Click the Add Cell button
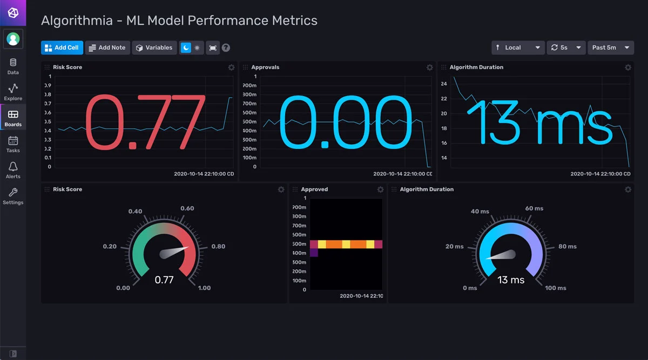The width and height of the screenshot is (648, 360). click(62, 47)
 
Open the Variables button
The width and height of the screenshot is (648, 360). click(154, 47)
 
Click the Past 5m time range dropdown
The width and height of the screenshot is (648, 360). click(610, 47)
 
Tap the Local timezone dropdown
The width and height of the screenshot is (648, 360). click(518, 47)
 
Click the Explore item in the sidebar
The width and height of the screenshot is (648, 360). click(13, 92)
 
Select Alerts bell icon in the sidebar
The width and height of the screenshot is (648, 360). click(13, 170)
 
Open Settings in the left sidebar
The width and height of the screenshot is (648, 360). click(13, 196)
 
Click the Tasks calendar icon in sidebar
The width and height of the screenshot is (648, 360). click(13, 144)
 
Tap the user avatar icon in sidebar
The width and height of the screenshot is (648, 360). click(13, 39)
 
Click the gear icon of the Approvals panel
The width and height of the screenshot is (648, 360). click(430, 67)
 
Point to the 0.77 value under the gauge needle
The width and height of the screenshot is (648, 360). click(164, 280)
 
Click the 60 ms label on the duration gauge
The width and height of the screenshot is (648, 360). click(534, 208)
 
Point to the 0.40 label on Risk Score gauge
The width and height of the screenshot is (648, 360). click(135, 211)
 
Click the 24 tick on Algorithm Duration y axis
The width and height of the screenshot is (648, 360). click(444, 84)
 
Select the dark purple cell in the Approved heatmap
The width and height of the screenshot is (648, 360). click(314, 253)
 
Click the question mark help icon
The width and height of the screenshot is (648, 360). click(226, 47)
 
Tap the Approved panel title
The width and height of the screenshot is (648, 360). click(314, 189)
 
